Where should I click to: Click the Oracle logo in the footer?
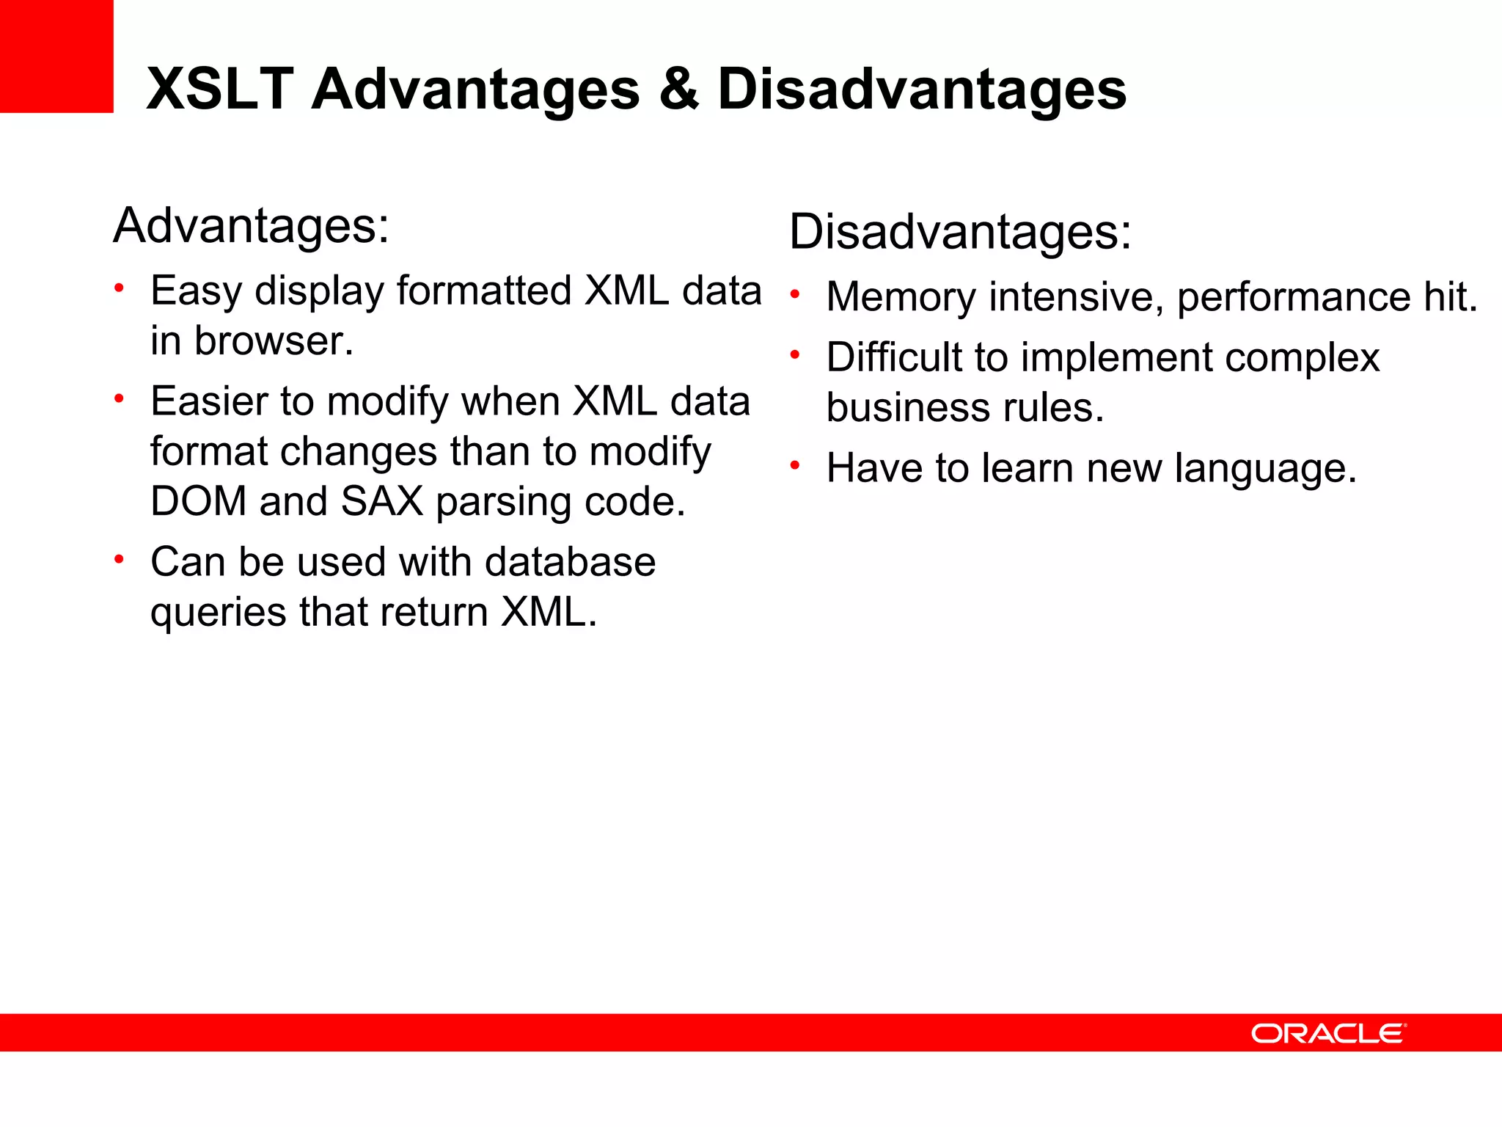tap(1328, 1033)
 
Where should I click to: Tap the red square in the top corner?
tap(56, 56)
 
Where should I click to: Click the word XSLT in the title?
tap(220, 90)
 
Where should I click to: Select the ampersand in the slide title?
tap(678, 90)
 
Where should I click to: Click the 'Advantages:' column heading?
tap(252, 226)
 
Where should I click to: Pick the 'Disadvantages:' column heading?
tap(960, 233)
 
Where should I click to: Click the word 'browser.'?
tap(274, 341)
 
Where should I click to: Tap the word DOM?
tap(198, 502)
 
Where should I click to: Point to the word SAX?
tap(382, 502)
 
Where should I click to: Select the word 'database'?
tap(570, 563)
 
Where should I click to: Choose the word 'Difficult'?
tap(894, 357)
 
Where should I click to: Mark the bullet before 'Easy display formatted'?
tap(119, 288)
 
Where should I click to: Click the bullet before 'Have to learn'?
tap(794, 465)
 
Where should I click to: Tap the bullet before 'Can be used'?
tap(119, 560)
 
